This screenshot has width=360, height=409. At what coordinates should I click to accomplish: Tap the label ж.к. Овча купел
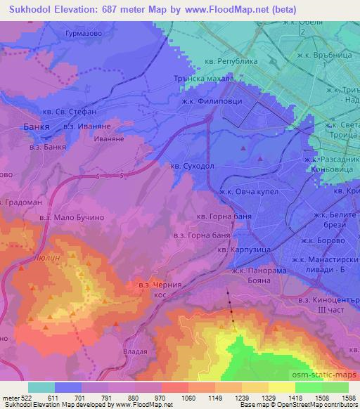pos(250,190)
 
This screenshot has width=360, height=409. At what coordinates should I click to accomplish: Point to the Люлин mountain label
pos(47,259)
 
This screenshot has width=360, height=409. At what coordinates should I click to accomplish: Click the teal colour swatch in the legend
pos(41,387)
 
